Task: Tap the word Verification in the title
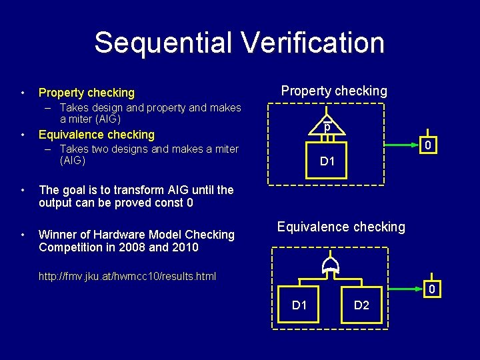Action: (313, 43)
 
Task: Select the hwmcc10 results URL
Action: (127, 276)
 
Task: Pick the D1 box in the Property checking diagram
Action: (327, 160)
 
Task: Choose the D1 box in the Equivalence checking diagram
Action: (300, 305)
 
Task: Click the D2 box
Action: (361, 305)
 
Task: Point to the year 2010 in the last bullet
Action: (185, 247)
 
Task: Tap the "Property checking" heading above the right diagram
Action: (334, 91)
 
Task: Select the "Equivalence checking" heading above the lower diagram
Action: (341, 227)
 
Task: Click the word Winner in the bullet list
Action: (57, 235)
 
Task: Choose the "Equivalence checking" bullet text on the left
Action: (97, 135)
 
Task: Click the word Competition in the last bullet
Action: (69, 247)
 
